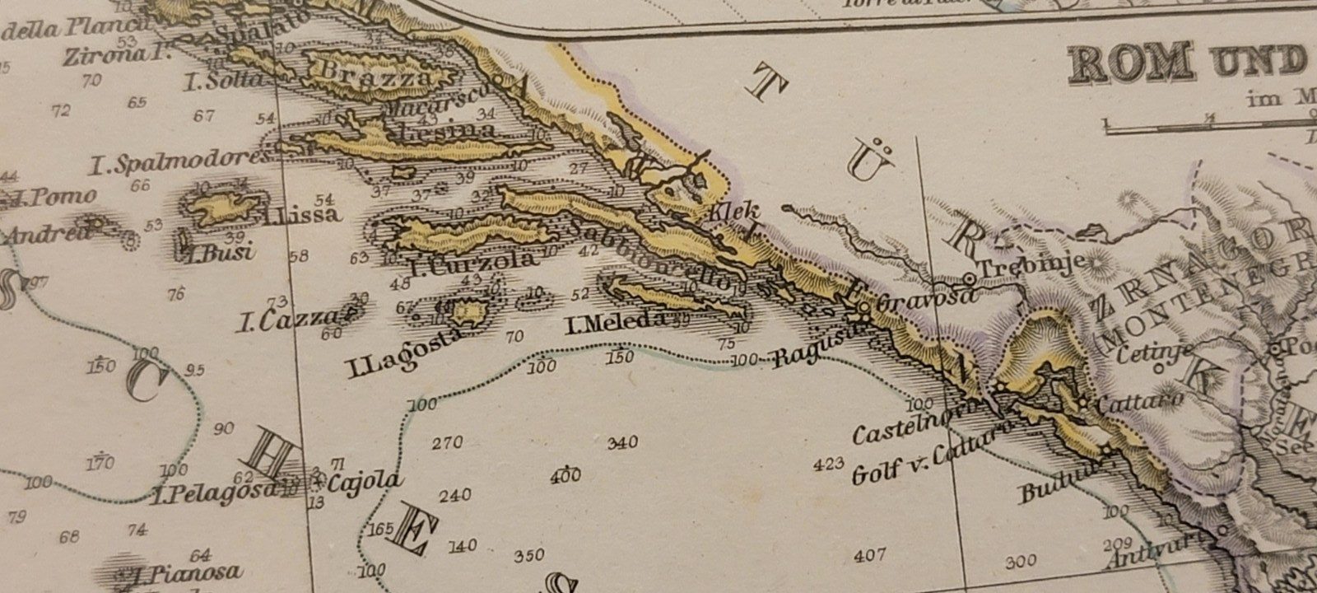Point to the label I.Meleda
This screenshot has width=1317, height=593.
pyautogui.click(x=616, y=324)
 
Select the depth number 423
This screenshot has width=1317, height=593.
pyautogui.click(x=828, y=464)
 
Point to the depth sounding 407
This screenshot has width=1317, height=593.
pyautogui.click(x=869, y=556)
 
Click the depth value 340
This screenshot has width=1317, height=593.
pyautogui.click(x=622, y=443)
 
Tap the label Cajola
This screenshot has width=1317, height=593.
pyautogui.click(x=365, y=482)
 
